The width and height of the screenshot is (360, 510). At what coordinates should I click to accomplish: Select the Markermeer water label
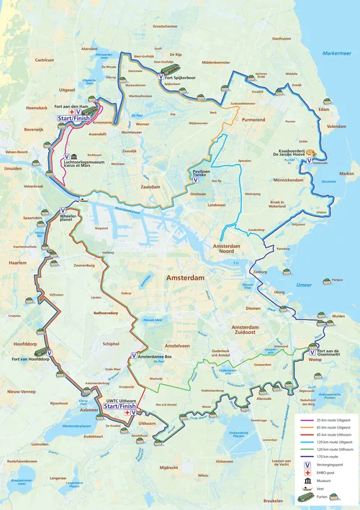coord(336,53)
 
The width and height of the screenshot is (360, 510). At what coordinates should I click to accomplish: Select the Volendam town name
coord(337,126)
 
